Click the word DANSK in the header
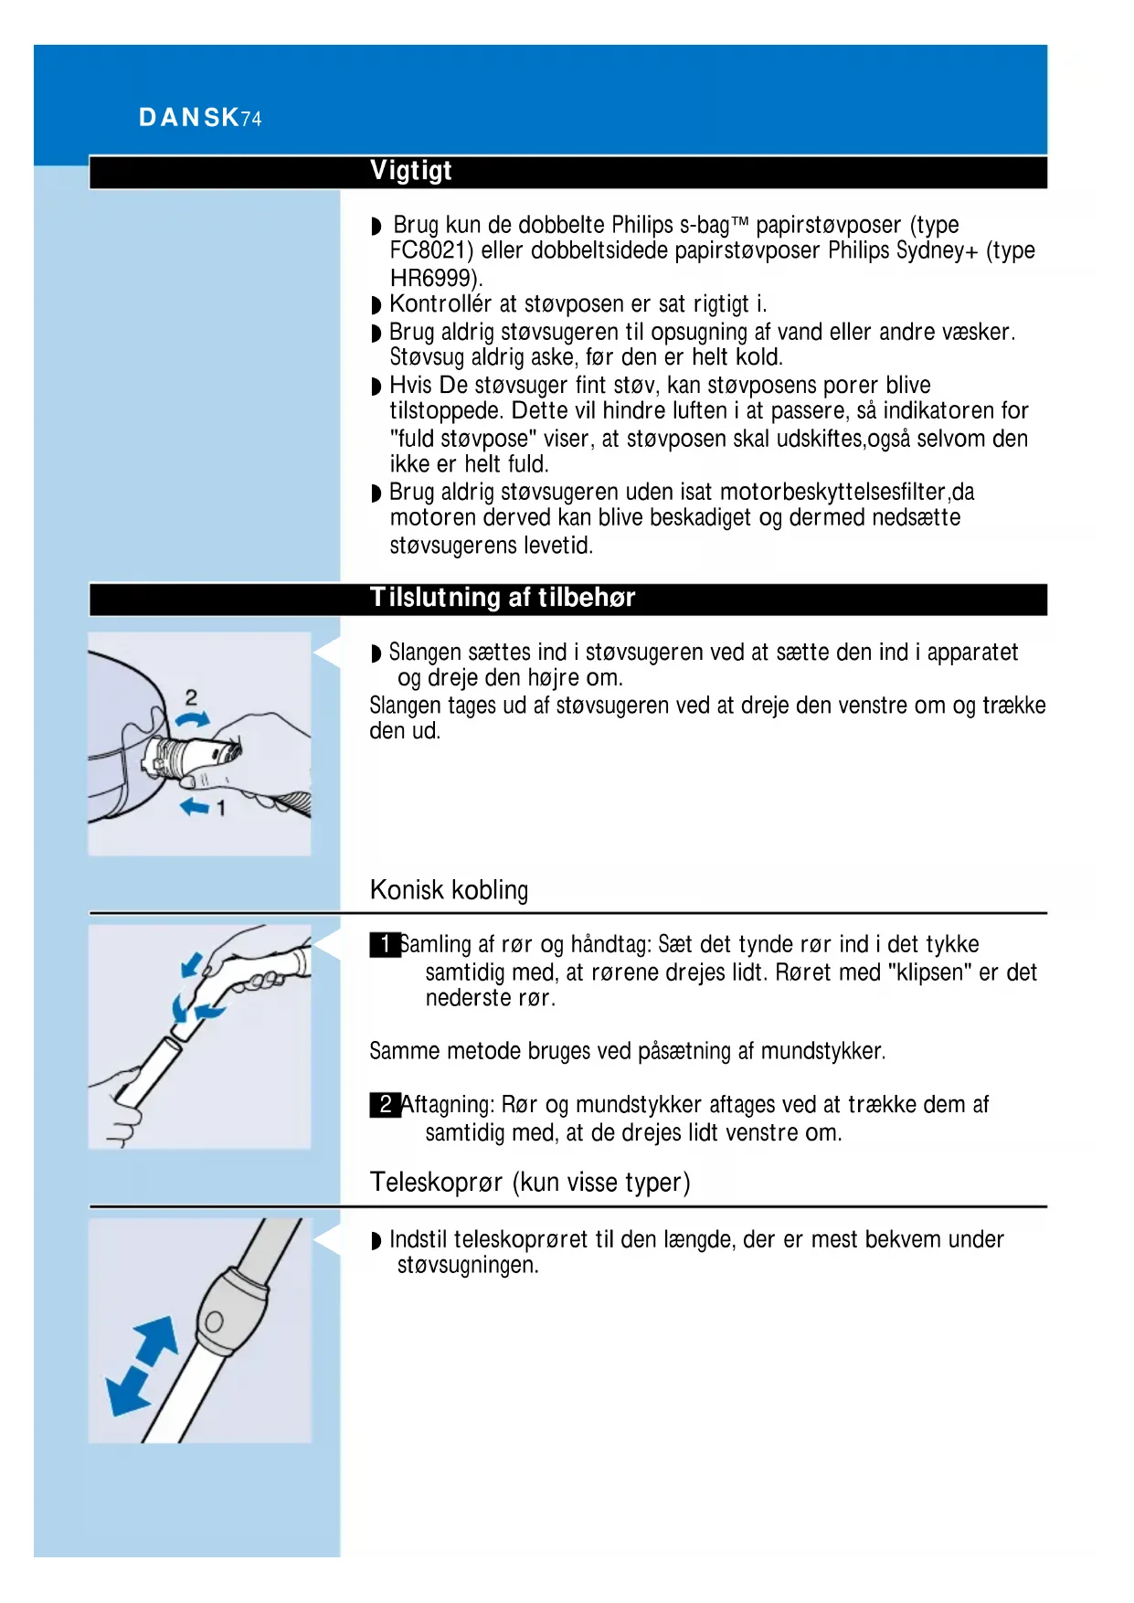coord(188,118)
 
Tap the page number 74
coord(251,119)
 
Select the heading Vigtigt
coord(411,171)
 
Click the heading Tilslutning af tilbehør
coord(503,598)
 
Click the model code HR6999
coord(433,278)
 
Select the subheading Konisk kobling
coord(449,889)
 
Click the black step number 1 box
coord(385,944)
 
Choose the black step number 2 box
coord(385,1105)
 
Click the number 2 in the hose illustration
coord(191,697)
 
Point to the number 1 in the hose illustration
coord(220,808)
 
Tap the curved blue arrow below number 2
coord(192,721)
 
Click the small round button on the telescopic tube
coord(214,1322)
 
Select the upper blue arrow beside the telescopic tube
coord(157,1341)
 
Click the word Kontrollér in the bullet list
coord(440,304)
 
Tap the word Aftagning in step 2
coord(447,1105)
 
